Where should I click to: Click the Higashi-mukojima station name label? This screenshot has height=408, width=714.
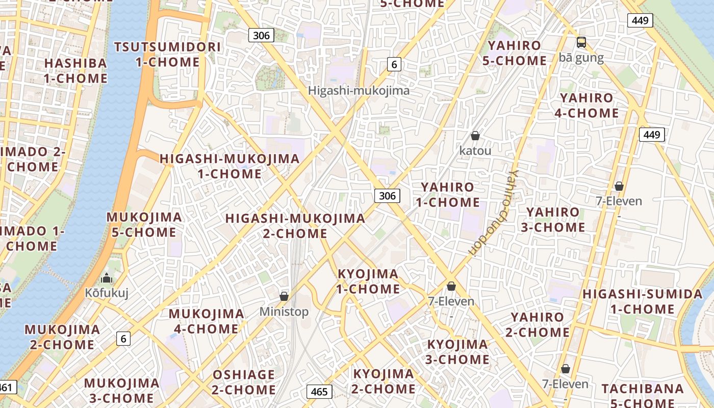(x=359, y=91)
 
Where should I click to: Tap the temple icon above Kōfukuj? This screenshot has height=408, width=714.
(x=107, y=278)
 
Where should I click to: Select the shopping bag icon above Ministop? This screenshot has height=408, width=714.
(x=284, y=296)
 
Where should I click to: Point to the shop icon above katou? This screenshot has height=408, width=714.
(x=475, y=136)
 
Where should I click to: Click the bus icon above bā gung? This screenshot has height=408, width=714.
(x=581, y=42)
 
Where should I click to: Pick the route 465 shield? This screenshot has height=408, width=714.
(x=319, y=392)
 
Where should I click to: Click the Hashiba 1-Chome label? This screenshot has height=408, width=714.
(x=75, y=71)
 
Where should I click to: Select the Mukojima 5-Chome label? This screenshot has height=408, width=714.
(x=144, y=225)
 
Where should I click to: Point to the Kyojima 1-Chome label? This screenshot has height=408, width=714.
(x=368, y=282)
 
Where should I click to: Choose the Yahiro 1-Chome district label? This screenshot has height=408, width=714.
(x=447, y=194)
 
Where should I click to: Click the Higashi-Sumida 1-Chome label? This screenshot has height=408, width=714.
(x=642, y=301)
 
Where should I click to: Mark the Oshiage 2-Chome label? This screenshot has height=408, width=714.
(x=244, y=382)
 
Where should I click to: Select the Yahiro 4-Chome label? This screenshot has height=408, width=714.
(x=586, y=106)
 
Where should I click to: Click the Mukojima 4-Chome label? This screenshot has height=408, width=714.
(x=206, y=321)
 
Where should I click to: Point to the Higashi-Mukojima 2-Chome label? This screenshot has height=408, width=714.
(x=295, y=226)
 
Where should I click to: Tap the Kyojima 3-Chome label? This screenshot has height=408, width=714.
(x=457, y=352)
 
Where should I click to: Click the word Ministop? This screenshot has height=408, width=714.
(x=284, y=312)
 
